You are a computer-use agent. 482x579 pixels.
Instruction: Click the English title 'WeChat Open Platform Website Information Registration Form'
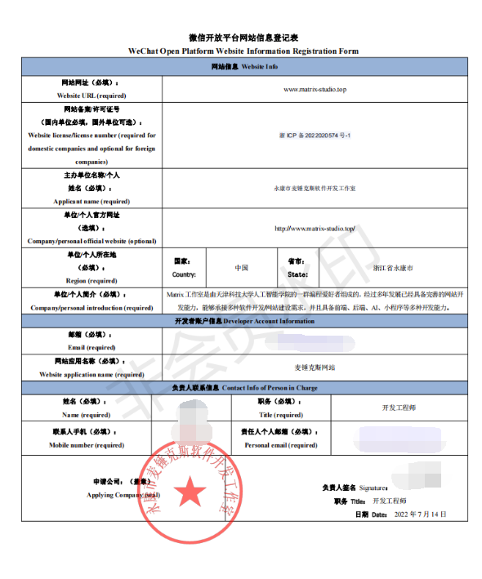[x=243, y=51]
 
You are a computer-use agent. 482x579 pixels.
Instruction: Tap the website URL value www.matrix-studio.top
[x=315, y=89]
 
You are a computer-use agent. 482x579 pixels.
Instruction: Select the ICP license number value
[x=315, y=134]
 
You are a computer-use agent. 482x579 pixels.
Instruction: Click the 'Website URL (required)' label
[x=91, y=96]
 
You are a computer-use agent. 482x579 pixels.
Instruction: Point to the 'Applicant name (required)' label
[x=91, y=201]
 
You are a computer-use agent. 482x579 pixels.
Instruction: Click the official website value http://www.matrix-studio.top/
[x=315, y=229]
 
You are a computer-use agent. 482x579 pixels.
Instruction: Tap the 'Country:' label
[x=184, y=274]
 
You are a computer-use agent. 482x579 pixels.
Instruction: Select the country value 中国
[x=242, y=268]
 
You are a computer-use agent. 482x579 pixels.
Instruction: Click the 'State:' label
[x=297, y=274]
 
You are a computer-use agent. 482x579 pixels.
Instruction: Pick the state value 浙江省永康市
[x=393, y=268]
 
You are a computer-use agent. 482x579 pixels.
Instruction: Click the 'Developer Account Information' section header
[x=268, y=322]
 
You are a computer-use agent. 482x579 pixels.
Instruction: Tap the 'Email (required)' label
[x=91, y=347]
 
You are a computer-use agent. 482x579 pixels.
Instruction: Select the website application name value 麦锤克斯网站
[x=315, y=367]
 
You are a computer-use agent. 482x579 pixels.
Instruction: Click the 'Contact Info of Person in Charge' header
[x=270, y=387]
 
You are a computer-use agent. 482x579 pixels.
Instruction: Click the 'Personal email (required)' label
[x=281, y=445]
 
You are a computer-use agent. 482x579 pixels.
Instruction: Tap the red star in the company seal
[x=193, y=492]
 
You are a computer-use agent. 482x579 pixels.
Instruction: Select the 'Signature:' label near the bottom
[x=366, y=488]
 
